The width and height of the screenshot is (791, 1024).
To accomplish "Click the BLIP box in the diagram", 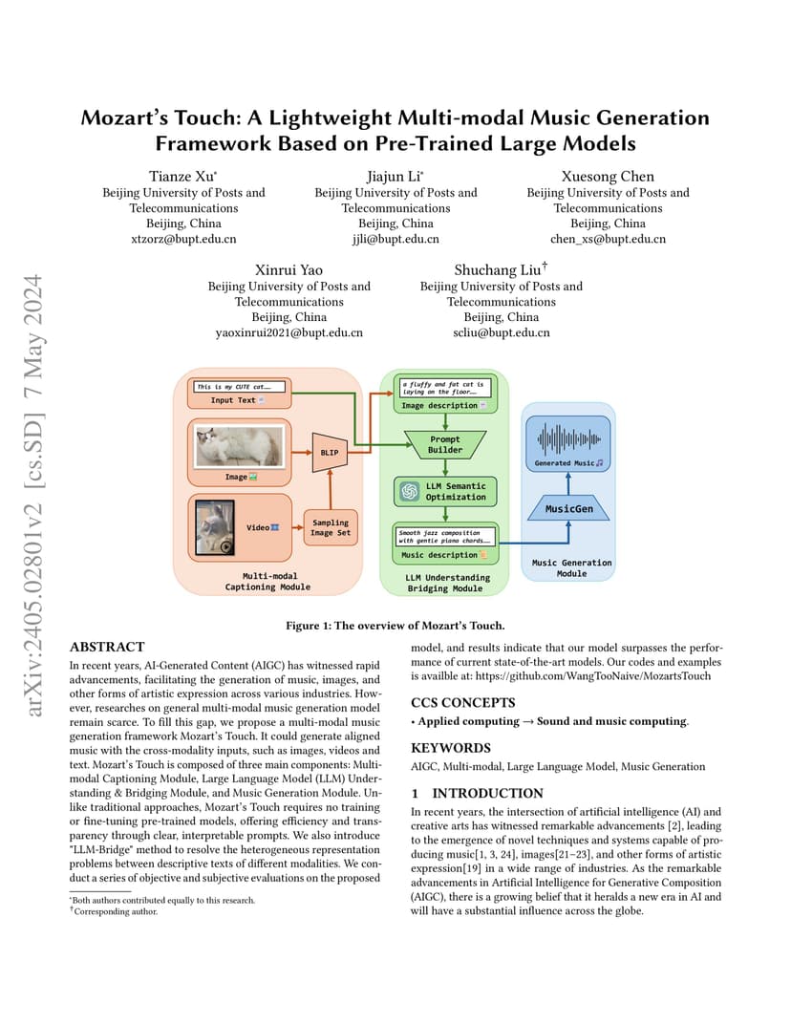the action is point(330,452).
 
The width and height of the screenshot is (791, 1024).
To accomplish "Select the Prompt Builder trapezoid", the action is point(445,445).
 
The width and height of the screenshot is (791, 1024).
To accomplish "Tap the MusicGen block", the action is point(568,508).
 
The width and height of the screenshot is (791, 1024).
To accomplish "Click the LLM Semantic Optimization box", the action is point(445,491).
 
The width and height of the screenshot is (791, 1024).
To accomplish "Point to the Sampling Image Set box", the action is point(331,527).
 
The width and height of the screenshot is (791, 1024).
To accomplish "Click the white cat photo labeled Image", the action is point(240,446).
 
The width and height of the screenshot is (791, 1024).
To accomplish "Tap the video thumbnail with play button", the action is point(215,527).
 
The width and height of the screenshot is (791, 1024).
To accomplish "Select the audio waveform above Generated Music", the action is point(569,439).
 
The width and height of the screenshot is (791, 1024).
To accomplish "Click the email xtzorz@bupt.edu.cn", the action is point(183,239).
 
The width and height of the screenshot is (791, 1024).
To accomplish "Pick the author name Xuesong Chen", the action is point(608,177).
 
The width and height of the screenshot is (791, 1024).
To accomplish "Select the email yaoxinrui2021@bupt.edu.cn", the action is point(289,333).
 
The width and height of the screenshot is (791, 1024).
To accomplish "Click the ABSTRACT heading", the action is point(107,647).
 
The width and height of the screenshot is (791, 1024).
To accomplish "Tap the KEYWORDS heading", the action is point(450,748).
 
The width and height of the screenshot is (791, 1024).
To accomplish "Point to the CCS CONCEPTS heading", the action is point(463,703).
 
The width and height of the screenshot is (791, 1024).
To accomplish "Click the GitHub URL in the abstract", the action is point(593,676).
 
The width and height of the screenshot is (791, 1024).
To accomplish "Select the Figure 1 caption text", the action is point(395,626).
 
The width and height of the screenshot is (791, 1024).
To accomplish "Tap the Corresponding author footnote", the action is point(114,911).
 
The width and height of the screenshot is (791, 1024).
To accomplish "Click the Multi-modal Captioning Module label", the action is point(267,581).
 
